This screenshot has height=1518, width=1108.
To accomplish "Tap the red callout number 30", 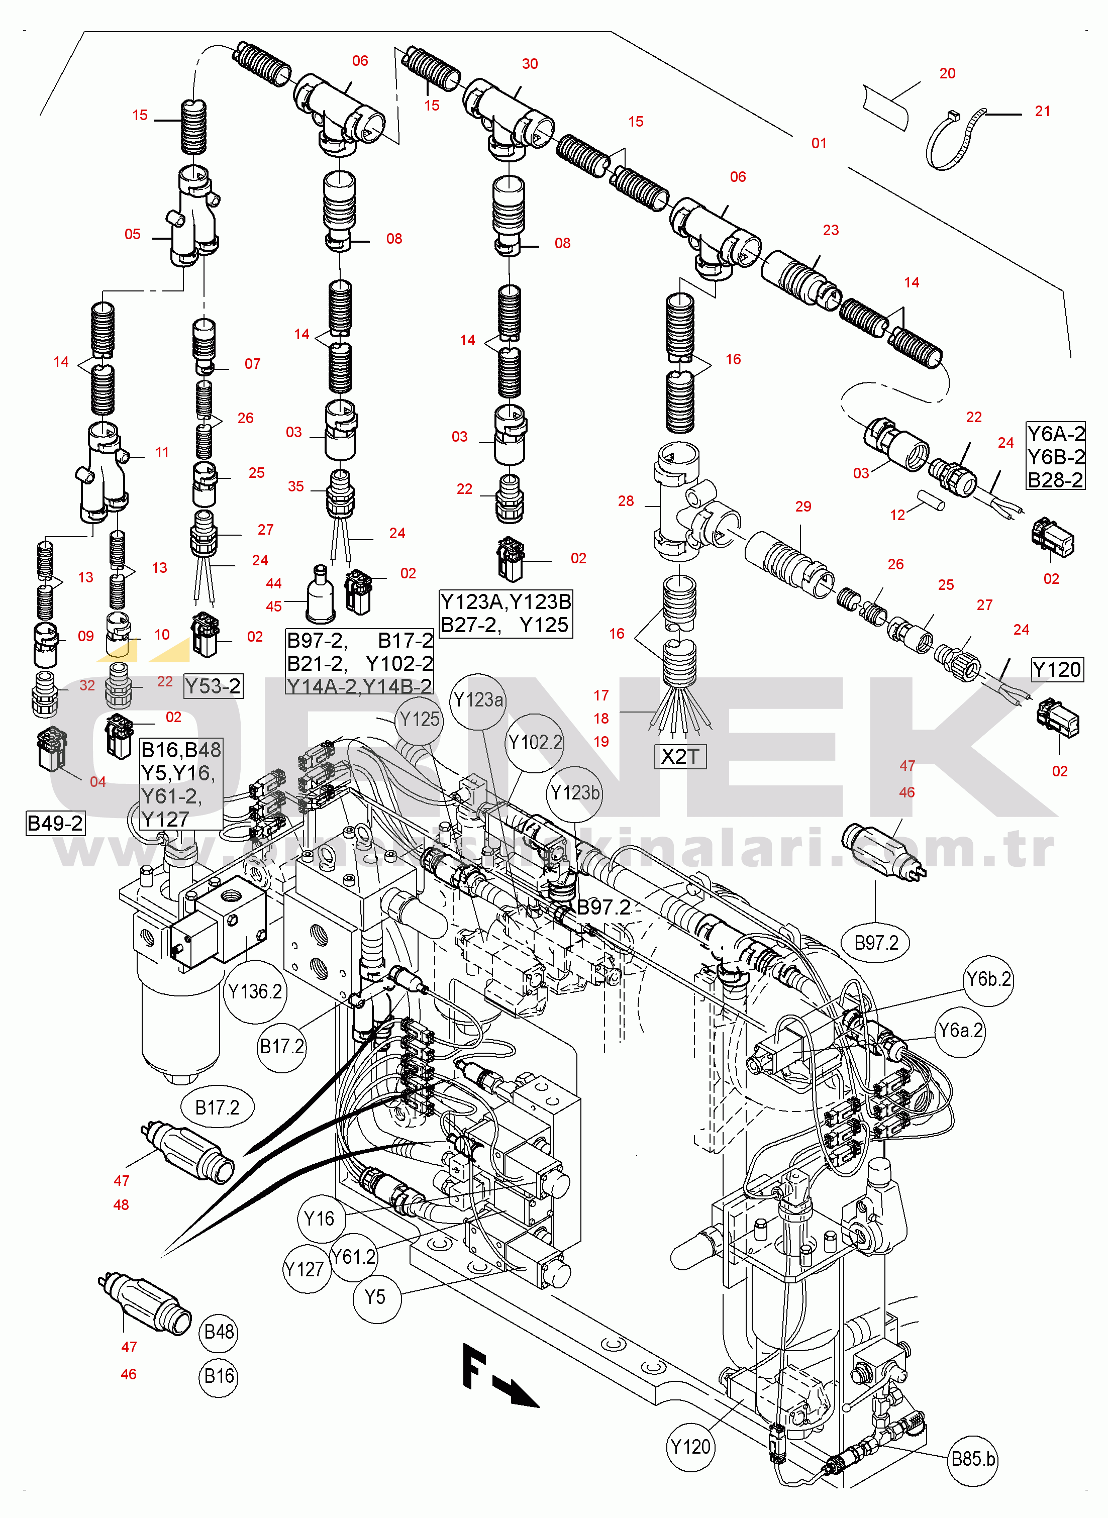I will [x=530, y=64].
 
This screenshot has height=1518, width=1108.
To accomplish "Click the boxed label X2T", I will [x=679, y=756].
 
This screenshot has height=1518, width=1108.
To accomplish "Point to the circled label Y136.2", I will [x=255, y=991].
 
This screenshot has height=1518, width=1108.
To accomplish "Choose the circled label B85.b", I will [x=973, y=1458].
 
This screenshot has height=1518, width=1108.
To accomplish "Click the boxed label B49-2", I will [x=55, y=823].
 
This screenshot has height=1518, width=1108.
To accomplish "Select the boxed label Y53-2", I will [x=213, y=686].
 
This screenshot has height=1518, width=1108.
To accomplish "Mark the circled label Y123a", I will [x=477, y=700].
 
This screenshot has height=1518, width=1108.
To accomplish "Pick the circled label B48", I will [x=219, y=1331].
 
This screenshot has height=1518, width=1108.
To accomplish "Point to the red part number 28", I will [x=626, y=501].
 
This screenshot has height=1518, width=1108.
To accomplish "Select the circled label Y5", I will [x=375, y=1297].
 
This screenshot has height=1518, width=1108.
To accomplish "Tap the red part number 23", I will [x=830, y=230].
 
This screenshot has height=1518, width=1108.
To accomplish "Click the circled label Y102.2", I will [x=535, y=742].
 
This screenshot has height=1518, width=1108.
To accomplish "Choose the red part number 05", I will [x=133, y=234].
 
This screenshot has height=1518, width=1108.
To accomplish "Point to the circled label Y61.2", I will [x=353, y=1257].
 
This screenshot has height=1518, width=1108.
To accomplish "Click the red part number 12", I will [x=897, y=515].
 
